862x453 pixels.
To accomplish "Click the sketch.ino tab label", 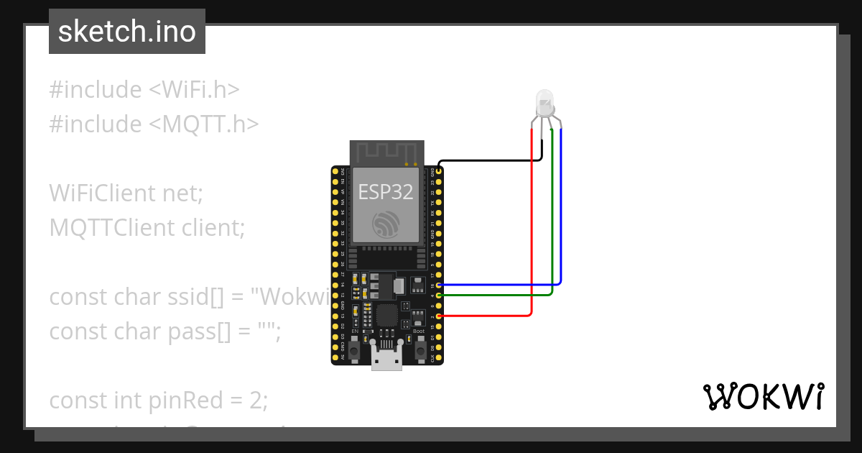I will click(x=127, y=32).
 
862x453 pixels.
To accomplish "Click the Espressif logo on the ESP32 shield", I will click(x=386, y=225).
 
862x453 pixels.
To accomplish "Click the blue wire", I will click(x=561, y=216).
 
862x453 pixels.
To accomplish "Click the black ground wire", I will click(x=488, y=160).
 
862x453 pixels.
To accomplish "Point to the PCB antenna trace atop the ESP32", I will click(x=386, y=152).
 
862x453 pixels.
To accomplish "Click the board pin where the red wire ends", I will click(x=439, y=316).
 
